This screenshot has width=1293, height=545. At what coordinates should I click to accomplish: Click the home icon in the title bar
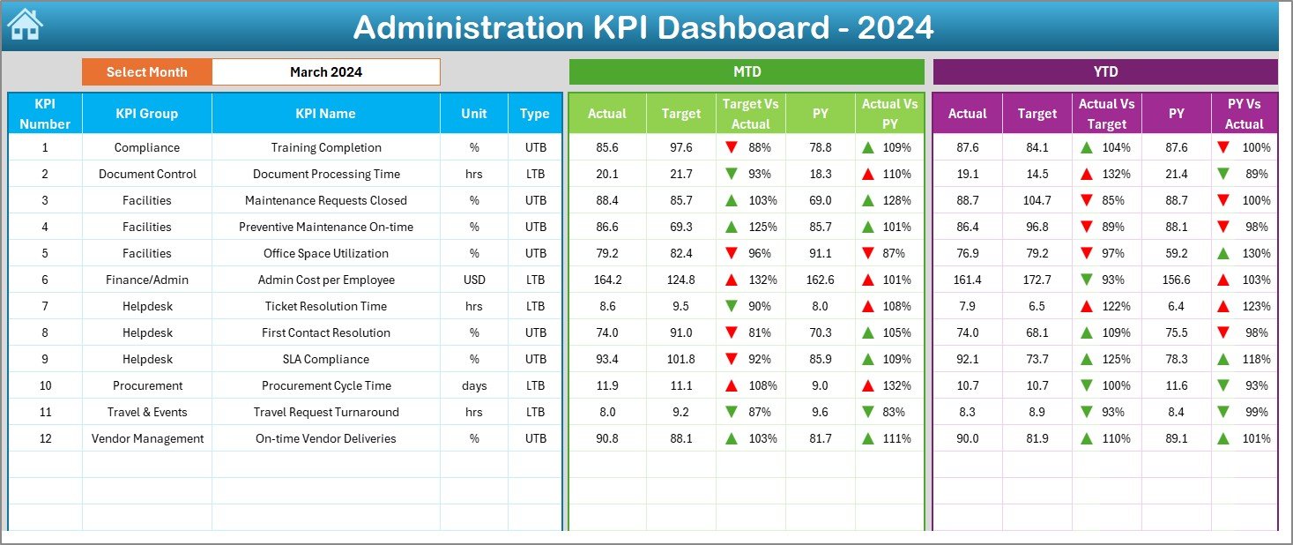coord(25,25)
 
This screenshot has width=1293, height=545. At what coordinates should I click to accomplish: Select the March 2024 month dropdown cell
coord(325,72)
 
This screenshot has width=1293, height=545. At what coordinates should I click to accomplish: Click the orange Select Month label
coord(146,72)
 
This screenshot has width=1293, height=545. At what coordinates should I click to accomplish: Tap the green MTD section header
coord(747,72)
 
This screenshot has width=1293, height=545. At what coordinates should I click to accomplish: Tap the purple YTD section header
coord(1104,72)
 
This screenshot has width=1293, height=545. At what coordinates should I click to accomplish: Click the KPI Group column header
coord(146,114)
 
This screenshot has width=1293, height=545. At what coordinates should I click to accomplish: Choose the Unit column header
coord(474,114)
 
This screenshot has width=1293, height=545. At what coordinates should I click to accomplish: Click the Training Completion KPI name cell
coord(325,147)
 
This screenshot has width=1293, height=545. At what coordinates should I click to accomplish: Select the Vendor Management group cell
coord(146,438)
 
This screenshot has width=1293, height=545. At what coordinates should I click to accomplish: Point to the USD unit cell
coord(474,280)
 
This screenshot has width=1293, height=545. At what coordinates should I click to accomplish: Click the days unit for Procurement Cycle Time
coord(474,385)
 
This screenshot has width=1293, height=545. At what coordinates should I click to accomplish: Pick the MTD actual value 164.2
coord(607,280)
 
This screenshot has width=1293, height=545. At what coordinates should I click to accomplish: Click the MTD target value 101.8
coord(681,359)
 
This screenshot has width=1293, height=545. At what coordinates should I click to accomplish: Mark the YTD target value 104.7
coord(1037,200)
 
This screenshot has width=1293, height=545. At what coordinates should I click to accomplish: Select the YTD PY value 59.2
coord(1176,253)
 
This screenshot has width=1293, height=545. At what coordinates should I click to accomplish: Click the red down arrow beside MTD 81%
coord(731,332)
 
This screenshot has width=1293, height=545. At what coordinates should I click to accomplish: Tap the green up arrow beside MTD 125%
coord(731,227)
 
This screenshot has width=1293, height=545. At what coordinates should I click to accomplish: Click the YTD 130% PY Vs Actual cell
coord(1244,253)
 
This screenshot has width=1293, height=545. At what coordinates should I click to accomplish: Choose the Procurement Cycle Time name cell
coord(325,385)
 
